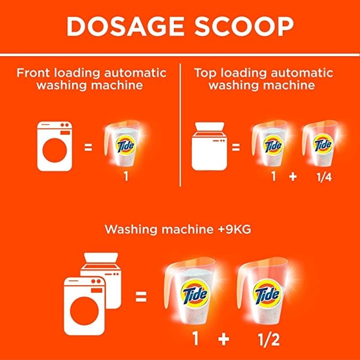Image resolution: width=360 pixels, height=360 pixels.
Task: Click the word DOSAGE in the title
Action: pyautogui.click(x=125, y=26)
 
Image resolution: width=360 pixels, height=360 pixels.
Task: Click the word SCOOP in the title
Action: pyautogui.click(x=244, y=26)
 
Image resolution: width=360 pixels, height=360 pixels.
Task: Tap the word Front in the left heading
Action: pyautogui.click(x=33, y=73)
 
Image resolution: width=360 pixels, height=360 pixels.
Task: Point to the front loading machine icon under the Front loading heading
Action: pyautogui.click(x=55, y=146)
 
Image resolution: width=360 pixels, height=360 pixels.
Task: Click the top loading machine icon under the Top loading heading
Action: pyautogui.click(x=209, y=146)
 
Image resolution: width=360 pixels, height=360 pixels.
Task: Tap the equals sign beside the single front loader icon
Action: pyautogui.click(x=88, y=147)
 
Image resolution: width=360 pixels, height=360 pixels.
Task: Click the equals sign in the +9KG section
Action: pyautogui.click(x=141, y=296)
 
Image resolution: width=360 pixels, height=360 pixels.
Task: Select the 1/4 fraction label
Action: pyautogui.click(x=324, y=177)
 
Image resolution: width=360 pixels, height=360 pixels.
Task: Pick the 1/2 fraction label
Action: pyautogui.click(x=269, y=339)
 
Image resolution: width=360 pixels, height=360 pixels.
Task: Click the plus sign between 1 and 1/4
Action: pyautogui.click(x=293, y=177)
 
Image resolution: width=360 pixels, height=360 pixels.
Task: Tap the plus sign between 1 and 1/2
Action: pyautogui.click(x=224, y=339)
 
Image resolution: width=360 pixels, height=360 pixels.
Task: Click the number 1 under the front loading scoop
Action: pyautogui.click(x=126, y=177)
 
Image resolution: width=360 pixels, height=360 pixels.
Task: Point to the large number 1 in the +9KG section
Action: pyautogui.click(x=195, y=339)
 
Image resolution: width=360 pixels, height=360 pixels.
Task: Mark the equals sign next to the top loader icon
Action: pyautogui.click(x=236, y=147)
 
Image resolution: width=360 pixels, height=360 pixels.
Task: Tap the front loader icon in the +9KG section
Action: pyautogui.click(x=84, y=306)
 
